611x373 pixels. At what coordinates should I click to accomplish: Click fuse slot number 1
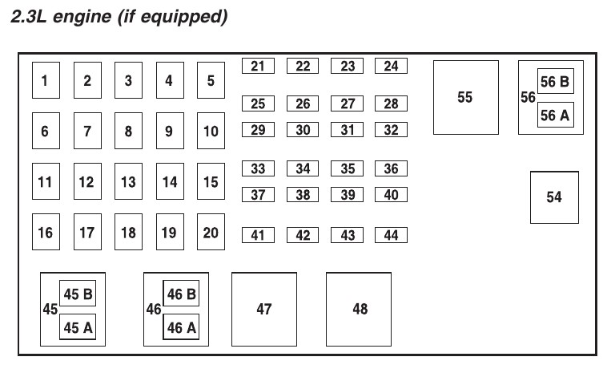pyautogui.click(x=45, y=80)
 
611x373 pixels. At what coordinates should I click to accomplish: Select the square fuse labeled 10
pyautogui.click(x=211, y=131)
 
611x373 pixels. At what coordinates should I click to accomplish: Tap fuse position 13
pyautogui.click(x=128, y=181)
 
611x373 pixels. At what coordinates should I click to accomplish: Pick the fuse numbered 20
pyautogui.click(x=211, y=232)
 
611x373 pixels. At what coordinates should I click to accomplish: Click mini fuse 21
pyautogui.click(x=258, y=67)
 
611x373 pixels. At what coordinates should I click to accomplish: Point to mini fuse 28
pyautogui.click(x=391, y=103)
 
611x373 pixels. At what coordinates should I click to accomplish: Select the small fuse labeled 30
pyautogui.click(x=303, y=130)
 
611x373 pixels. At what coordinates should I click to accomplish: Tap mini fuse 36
pyautogui.click(x=391, y=168)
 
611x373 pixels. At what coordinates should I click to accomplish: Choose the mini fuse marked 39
pyautogui.click(x=348, y=195)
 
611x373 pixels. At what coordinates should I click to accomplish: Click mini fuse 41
pyautogui.click(x=258, y=235)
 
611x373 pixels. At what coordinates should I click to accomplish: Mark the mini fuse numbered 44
pyautogui.click(x=391, y=235)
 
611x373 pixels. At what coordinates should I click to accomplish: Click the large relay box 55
pyautogui.click(x=465, y=97)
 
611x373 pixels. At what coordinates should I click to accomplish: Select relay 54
pyautogui.click(x=554, y=197)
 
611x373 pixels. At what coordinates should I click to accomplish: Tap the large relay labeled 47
pyautogui.click(x=264, y=309)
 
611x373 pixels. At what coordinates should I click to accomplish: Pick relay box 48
pyautogui.click(x=360, y=309)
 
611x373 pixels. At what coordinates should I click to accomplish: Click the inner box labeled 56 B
pyautogui.click(x=555, y=82)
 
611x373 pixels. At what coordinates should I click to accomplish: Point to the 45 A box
pyautogui.click(x=78, y=326)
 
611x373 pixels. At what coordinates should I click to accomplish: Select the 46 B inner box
pyautogui.click(x=182, y=294)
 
